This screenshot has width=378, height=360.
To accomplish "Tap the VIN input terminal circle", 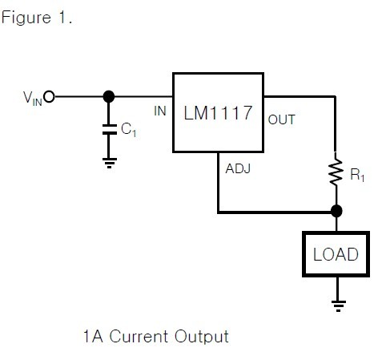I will pos(49,97).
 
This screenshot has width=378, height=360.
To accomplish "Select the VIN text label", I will pos(33,99).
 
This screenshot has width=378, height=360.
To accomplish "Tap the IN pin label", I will pos(160,111).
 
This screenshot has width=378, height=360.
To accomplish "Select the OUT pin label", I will pos(281,119).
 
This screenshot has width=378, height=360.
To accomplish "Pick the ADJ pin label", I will pos(239,169).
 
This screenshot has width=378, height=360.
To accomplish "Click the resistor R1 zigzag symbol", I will pos(336,172).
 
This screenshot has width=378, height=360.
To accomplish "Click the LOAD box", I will pos(336,255).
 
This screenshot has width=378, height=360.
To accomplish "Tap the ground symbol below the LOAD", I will pos(336,305).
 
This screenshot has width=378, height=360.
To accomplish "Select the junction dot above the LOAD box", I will pos(336,212).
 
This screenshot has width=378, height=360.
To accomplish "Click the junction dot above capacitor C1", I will pos(108,97).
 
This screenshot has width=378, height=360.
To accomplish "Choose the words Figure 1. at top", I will pos(37,18).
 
